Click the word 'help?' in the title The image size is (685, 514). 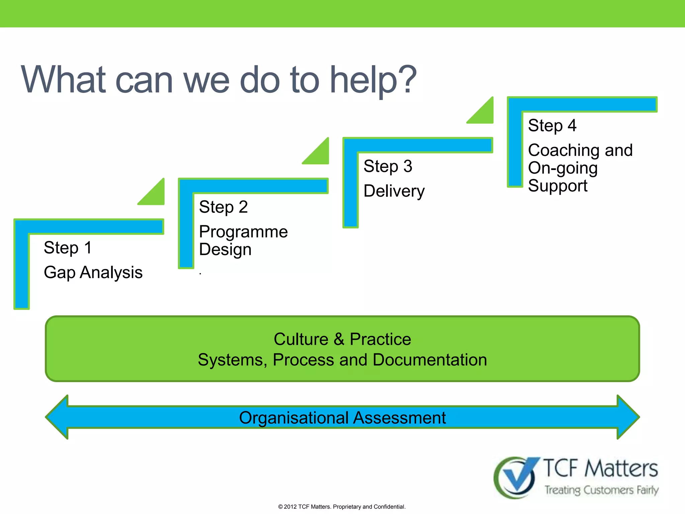(x=373, y=80)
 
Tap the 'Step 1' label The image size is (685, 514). (x=68, y=248)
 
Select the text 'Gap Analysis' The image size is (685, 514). (x=93, y=272)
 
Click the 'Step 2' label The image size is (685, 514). (x=223, y=207)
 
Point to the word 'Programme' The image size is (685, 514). (x=243, y=232)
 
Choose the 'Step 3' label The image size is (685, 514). (x=388, y=166)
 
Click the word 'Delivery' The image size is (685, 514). (x=394, y=191)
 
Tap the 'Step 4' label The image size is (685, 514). (x=552, y=126)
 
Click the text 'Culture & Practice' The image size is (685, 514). (x=342, y=339)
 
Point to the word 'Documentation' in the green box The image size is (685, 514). (x=429, y=360)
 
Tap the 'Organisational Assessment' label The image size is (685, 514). (x=342, y=418)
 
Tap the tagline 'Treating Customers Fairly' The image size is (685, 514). (x=601, y=490)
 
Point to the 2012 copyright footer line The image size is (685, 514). (x=342, y=507)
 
